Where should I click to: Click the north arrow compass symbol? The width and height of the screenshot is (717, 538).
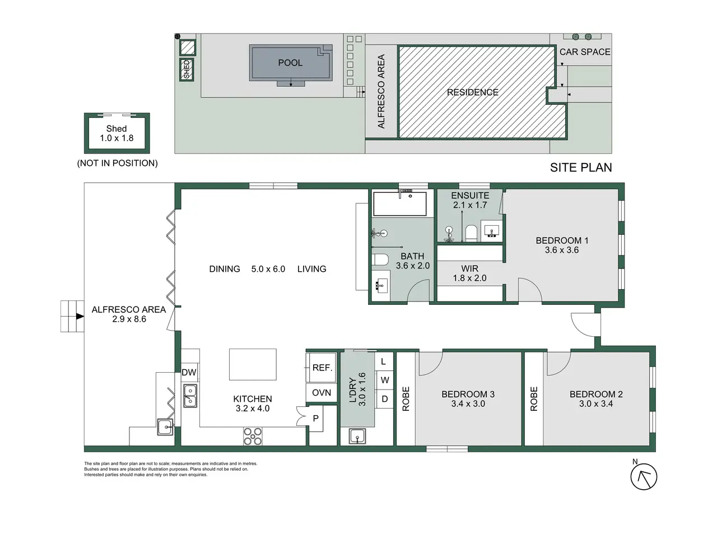pyautogui.click(x=643, y=476)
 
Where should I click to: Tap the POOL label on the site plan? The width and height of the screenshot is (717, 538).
pyautogui.click(x=290, y=63)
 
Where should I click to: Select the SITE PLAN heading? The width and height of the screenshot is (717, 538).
pyautogui.click(x=581, y=168)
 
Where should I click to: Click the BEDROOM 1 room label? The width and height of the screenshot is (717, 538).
pyautogui.click(x=562, y=241)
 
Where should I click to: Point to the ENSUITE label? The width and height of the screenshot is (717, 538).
pyautogui.click(x=470, y=196)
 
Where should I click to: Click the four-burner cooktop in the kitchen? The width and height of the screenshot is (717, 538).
pyautogui.click(x=253, y=436)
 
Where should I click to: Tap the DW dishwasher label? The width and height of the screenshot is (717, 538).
pyautogui.click(x=189, y=372)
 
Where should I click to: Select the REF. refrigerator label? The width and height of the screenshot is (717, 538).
pyautogui.click(x=322, y=368)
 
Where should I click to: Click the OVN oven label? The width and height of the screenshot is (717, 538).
pyautogui.click(x=322, y=393)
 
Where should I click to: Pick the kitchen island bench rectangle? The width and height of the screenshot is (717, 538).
pyautogui.click(x=253, y=364)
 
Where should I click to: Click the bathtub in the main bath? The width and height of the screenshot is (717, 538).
pyautogui.click(x=400, y=204)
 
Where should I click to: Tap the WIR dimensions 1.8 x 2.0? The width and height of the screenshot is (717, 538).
pyautogui.click(x=469, y=278)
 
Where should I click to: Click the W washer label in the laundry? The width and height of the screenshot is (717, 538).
pyautogui.click(x=385, y=380)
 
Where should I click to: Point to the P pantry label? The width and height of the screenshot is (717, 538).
pyautogui.click(x=315, y=419)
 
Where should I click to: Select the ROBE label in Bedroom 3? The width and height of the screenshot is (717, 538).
pyautogui.click(x=406, y=399)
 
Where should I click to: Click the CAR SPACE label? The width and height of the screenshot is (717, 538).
pyautogui.click(x=585, y=52)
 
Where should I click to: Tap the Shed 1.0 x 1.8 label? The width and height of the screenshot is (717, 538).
pyautogui.click(x=117, y=133)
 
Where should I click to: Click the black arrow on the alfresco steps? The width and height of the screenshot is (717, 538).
pyautogui.click(x=80, y=316)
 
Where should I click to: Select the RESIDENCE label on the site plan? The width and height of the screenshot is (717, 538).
pyautogui.click(x=472, y=92)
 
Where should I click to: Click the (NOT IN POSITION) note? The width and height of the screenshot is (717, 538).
pyautogui.click(x=117, y=163)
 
